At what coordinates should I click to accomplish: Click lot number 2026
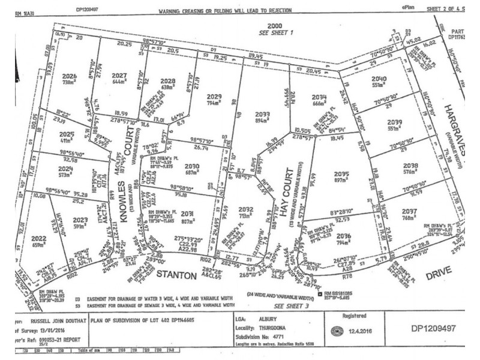(x=70, y=76)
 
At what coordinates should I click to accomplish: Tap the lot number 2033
(x=262, y=114)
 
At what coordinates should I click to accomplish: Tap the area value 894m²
(x=262, y=121)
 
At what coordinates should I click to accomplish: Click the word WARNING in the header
(x=173, y=11)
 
